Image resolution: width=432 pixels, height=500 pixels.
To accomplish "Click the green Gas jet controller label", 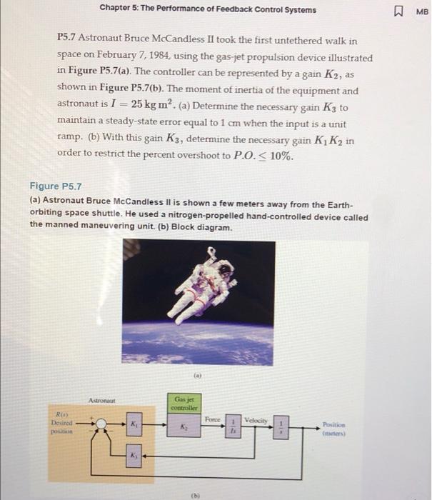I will pos(186,401).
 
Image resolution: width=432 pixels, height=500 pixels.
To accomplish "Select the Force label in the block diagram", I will pos(211,419).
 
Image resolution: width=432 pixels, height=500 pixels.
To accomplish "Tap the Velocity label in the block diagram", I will pos(256,419).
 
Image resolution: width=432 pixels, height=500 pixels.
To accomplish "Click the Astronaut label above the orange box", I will pos(103,401).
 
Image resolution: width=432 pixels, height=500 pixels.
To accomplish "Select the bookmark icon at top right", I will pos(398,10).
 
